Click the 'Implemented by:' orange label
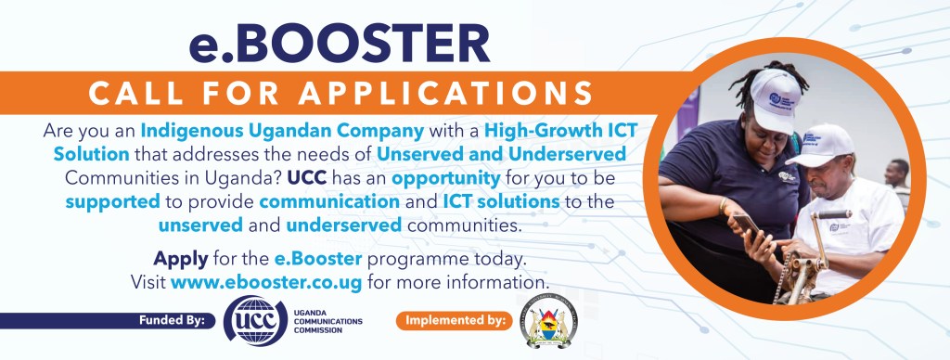coord(455,321)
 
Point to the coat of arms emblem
coord(547,322)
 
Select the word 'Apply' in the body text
coord(180,258)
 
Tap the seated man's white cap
coord(823,146)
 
